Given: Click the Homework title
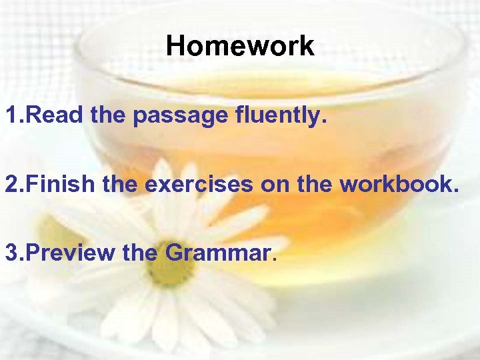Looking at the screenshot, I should pyautogui.click(x=240, y=46).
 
